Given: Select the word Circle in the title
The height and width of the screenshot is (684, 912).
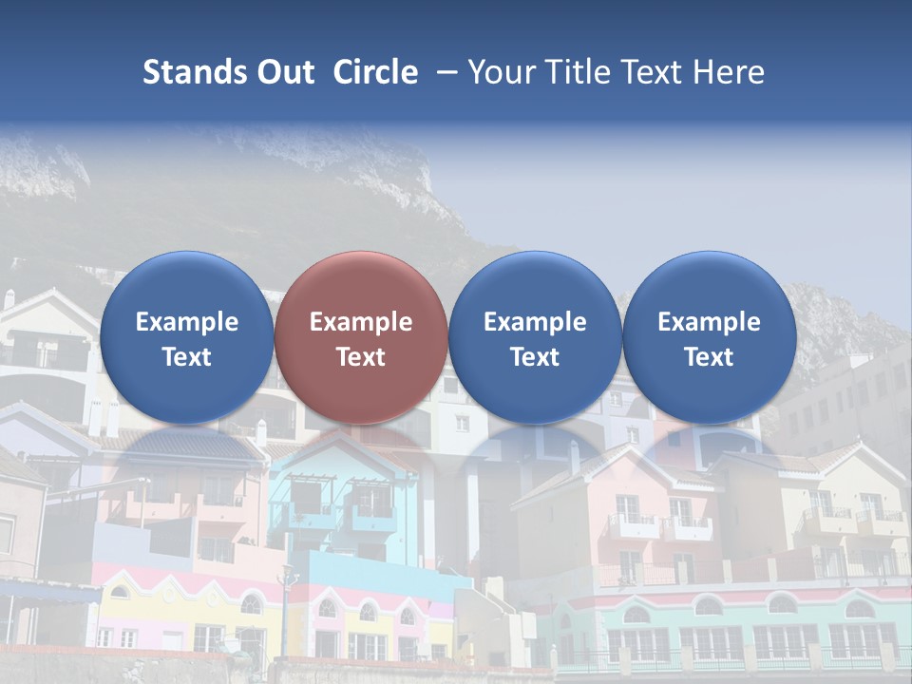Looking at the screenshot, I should pyautogui.click(x=375, y=72).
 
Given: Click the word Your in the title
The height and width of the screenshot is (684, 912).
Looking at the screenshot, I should pyautogui.click(x=501, y=72).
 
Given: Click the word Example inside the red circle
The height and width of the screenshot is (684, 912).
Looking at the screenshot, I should pyautogui.click(x=361, y=322).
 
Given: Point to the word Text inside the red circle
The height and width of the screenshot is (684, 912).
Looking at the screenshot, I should pyautogui.click(x=361, y=357).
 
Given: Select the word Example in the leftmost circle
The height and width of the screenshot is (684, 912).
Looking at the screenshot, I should pyautogui.click(x=186, y=322).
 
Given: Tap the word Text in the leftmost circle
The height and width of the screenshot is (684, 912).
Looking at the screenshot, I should pyautogui.click(x=186, y=357).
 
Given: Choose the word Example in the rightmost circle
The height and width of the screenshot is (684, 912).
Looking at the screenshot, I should pyautogui.click(x=709, y=322).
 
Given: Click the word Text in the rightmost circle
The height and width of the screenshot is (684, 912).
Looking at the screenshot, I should pyautogui.click(x=709, y=357).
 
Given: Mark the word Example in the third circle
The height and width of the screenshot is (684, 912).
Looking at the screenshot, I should pyautogui.click(x=535, y=322).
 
